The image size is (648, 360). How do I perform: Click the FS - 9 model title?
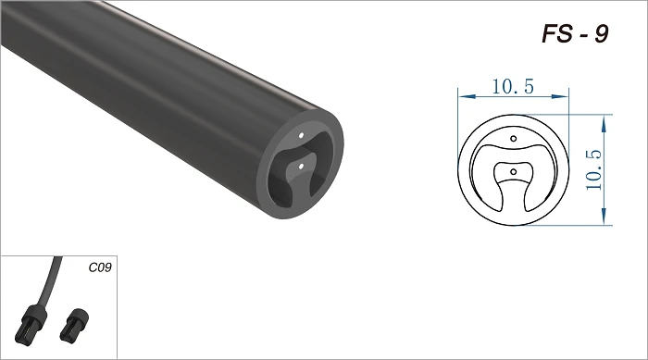coord(575,34)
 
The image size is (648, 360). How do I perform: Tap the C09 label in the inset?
coord(100,267)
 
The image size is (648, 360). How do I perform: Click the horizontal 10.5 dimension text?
coord(513,86)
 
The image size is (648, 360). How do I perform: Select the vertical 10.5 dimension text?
coord(593,169)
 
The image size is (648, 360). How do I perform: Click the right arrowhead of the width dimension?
coord(561,96)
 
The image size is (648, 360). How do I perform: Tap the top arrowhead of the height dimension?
coord(604,123)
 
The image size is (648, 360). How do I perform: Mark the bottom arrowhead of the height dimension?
coord(604,217)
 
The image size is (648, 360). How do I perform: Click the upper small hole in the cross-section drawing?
coord(513,139)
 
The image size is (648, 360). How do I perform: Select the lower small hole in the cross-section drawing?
coord(513,171)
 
